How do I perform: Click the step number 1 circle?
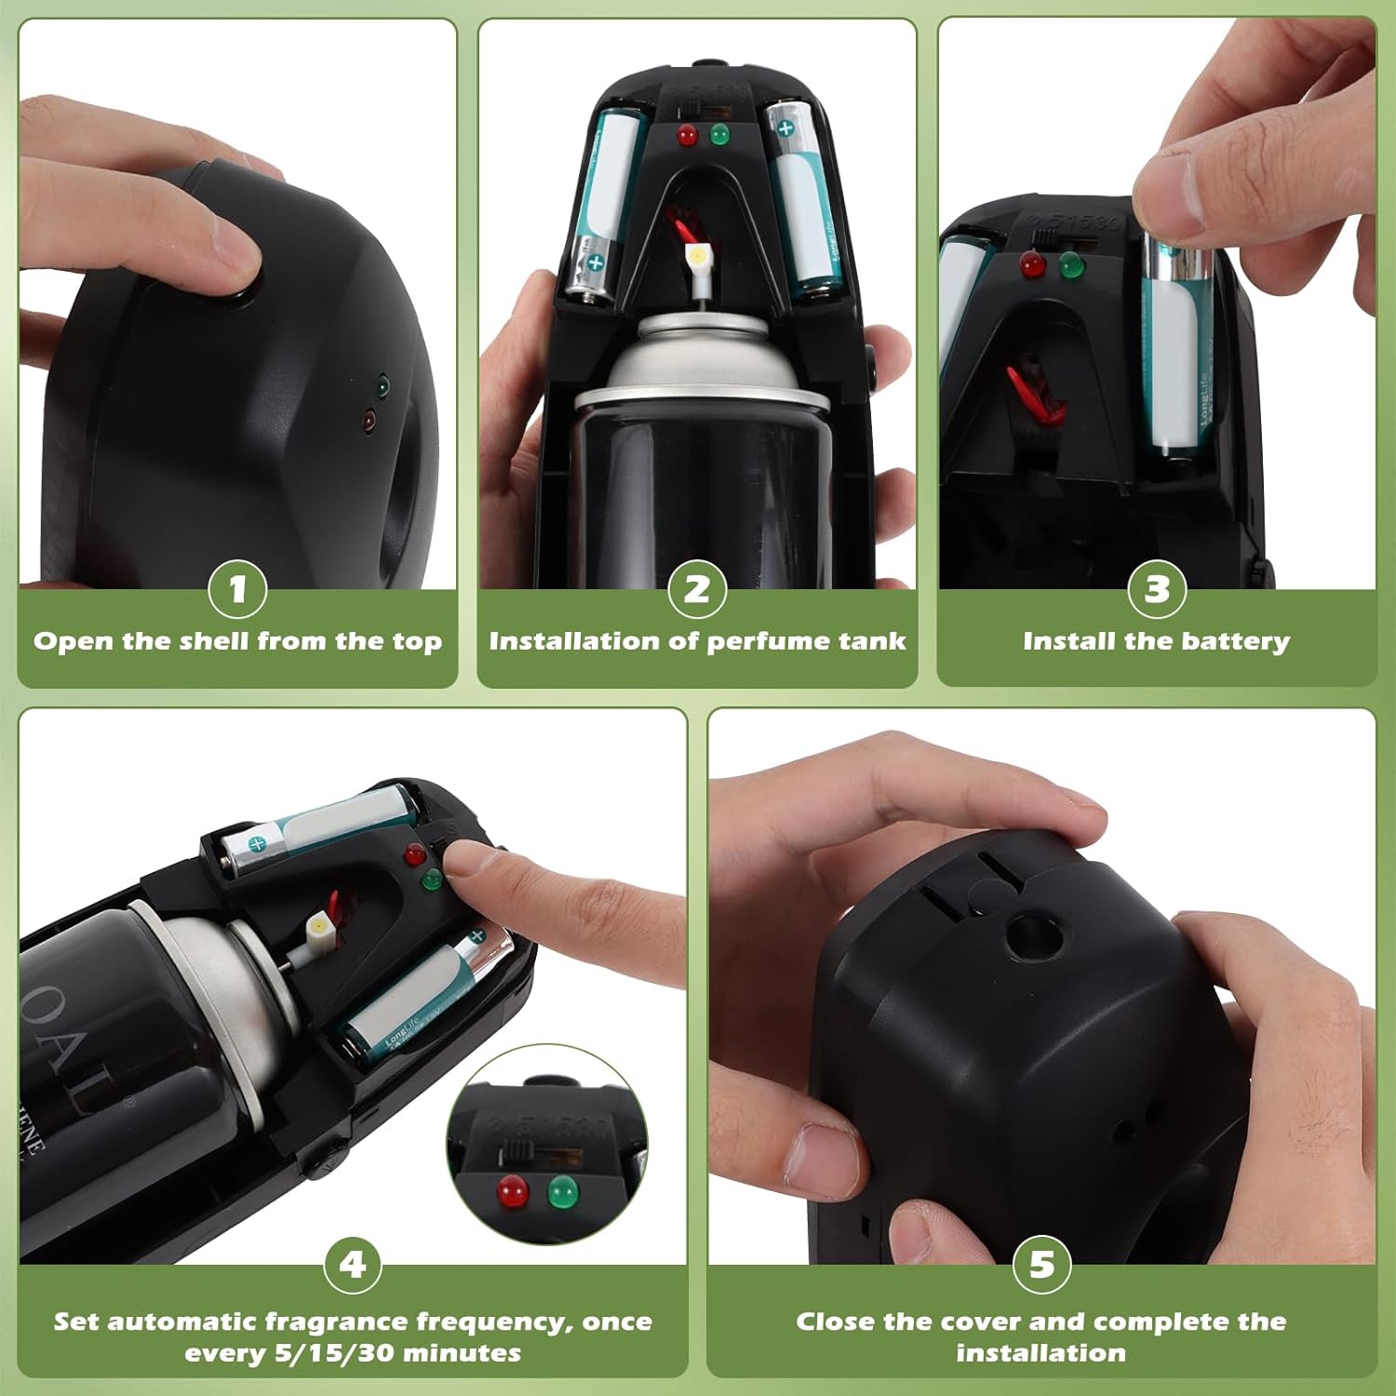point(237,589)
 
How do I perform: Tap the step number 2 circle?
point(697,589)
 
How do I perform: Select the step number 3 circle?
point(1157,589)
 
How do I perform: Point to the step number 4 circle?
point(353,1265)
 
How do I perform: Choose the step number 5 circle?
point(1041,1265)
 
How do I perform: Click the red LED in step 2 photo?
point(687,136)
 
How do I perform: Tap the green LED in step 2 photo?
point(719,135)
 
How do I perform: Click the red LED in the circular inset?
point(513,1190)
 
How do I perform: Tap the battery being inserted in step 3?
point(1176,344)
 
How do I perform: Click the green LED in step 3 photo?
point(1072,265)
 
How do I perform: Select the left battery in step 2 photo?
point(603,205)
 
